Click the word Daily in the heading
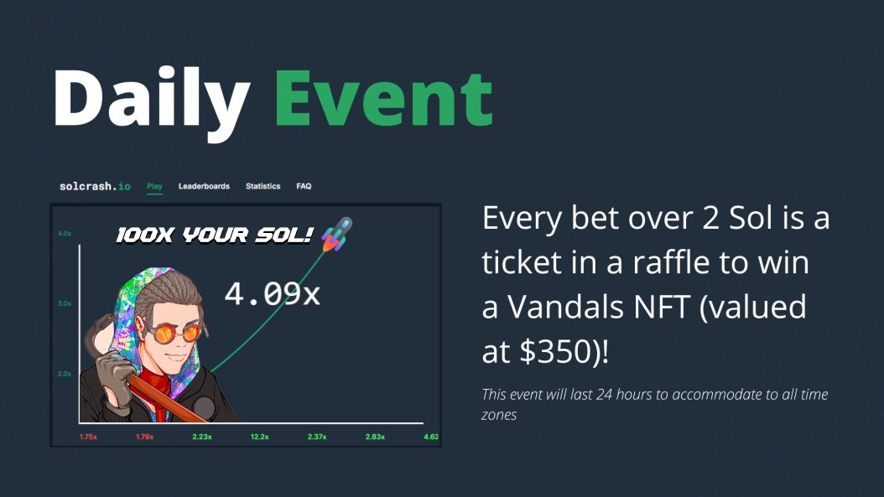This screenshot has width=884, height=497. click(151, 99)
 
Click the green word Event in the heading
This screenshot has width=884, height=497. click(383, 99)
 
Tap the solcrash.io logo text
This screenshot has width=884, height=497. click(95, 186)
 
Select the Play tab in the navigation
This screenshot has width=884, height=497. click(154, 186)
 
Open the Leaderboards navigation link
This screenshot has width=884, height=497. click(204, 186)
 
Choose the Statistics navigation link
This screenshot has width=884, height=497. click(263, 186)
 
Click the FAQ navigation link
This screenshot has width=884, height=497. click(304, 186)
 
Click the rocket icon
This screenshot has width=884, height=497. click(335, 234)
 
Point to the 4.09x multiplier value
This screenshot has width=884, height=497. click(272, 294)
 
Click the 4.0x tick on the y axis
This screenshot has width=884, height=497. click(65, 233)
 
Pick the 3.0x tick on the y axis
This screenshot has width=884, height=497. click(65, 303)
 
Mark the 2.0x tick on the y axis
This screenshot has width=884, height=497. click(65, 374)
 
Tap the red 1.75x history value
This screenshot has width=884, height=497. click(91, 437)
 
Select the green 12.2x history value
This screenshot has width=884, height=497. click(259, 437)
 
